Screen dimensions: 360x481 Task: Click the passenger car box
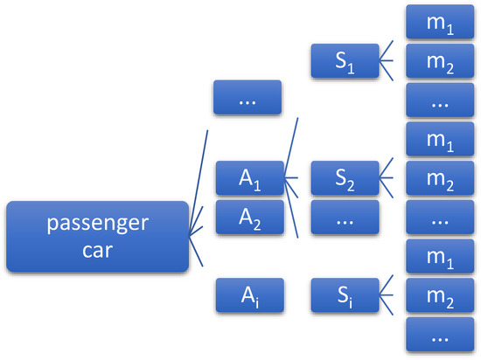97,236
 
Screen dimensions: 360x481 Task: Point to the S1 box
345,60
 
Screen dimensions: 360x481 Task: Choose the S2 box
345,179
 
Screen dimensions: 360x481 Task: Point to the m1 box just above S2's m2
441,140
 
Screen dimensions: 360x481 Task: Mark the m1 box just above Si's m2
441,258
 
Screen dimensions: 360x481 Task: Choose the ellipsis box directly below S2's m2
441,218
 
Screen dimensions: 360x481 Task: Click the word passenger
97,224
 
